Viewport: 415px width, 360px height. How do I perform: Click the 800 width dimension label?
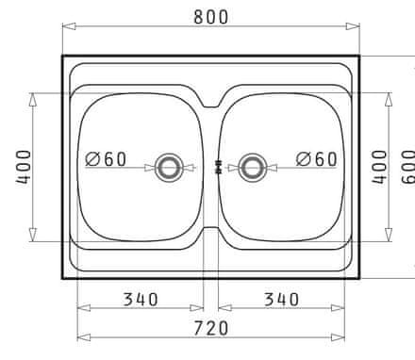tap(210, 17)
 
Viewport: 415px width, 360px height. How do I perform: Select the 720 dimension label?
tap(210, 328)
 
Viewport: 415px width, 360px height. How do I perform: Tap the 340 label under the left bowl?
tap(141, 300)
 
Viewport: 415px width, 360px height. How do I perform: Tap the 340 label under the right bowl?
tap(281, 300)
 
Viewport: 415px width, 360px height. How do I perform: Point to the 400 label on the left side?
tap(25, 168)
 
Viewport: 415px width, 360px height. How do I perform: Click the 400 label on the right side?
tap(379, 168)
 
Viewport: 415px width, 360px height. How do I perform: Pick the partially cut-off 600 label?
tap(408, 168)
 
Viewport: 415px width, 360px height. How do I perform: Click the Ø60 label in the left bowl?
tap(106, 159)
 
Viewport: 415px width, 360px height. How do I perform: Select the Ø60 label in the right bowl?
tap(317, 159)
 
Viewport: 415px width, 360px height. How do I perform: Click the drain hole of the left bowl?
tap(169, 168)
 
